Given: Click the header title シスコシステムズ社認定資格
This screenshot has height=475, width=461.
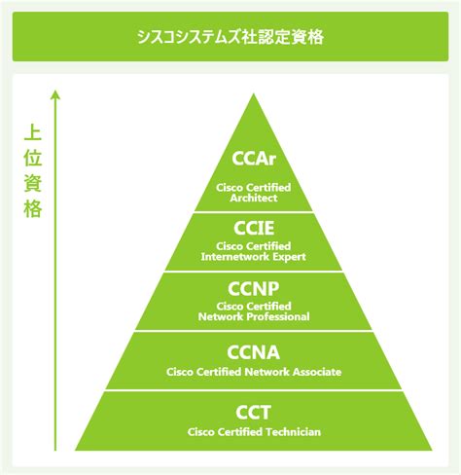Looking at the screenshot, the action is click(230, 37).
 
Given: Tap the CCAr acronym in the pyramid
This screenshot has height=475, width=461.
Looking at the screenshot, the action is click(254, 159).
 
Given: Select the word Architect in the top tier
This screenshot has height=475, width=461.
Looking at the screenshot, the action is click(254, 198).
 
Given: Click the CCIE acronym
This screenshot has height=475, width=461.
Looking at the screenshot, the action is click(254, 228).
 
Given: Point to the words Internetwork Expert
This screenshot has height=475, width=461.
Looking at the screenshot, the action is click(254, 257).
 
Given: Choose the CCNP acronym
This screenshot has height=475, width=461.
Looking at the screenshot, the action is click(254, 289).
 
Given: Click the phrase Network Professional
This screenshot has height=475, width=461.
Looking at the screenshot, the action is click(254, 316).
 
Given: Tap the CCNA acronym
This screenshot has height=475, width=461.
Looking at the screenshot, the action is click(254, 352).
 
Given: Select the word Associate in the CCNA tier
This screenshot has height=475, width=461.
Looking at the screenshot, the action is click(317, 372).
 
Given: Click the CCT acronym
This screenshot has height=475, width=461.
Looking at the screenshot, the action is click(253, 413).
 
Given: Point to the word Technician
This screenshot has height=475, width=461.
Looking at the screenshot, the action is click(293, 432).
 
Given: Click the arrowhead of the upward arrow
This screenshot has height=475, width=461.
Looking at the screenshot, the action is click(55, 94).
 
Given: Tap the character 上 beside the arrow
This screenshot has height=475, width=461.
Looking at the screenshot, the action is click(33, 133).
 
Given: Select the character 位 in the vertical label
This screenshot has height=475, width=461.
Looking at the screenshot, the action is click(33, 158).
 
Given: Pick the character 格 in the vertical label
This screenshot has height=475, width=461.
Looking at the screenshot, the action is click(33, 209).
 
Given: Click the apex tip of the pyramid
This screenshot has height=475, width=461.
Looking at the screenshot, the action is click(254, 93).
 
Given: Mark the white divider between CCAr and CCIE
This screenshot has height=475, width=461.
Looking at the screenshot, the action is click(254, 212).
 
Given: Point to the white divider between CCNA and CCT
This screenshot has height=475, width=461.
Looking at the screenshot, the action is click(254, 390).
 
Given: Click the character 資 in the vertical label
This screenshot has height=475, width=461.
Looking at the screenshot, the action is click(33, 183).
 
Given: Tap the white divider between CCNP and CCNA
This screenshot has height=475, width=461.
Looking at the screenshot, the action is click(254, 331).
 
